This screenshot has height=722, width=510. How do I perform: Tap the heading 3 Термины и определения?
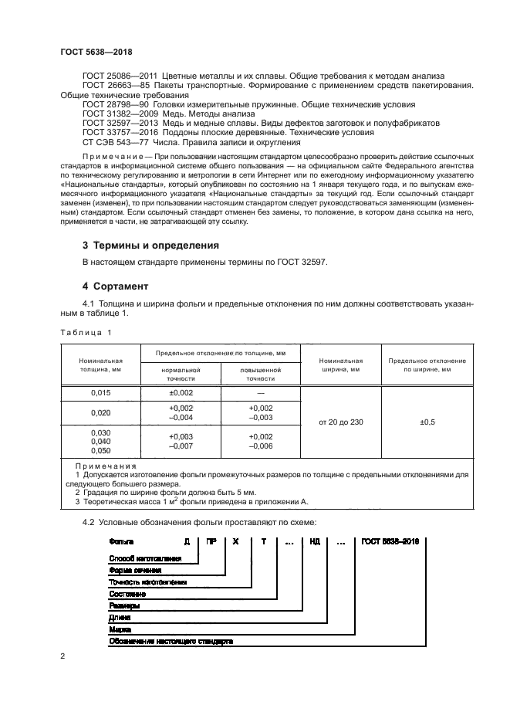click(x=150, y=246)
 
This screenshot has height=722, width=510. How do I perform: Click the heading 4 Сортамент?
click(x=116, y=286)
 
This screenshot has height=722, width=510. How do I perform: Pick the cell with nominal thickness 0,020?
click(x=100, y=412)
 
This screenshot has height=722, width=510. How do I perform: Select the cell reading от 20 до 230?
click(x=340, y=422)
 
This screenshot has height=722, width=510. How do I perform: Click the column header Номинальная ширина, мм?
click(x=340, y=364)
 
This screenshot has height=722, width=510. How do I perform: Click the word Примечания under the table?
click(x=105, y=466)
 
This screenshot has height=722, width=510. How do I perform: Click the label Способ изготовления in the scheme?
click(x=146, y=558)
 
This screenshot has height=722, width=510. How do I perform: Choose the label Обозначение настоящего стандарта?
click(x=171, y=641)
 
